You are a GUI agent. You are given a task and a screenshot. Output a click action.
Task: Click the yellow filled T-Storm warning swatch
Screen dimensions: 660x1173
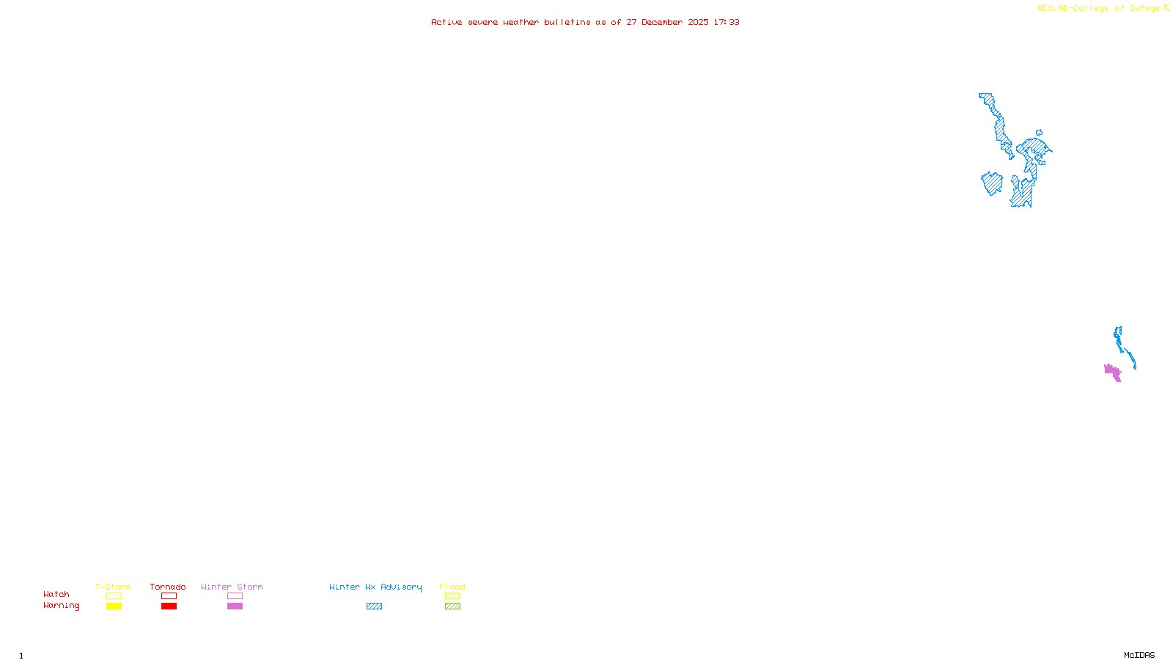[x=114, y=606]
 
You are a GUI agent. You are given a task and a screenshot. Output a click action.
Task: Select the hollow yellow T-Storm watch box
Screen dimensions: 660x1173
[x=114, y=596]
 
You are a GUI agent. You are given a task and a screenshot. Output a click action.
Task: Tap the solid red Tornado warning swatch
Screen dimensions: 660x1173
[x=169, y=606]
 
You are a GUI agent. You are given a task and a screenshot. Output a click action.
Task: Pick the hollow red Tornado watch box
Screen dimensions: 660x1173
[x=169, y=596]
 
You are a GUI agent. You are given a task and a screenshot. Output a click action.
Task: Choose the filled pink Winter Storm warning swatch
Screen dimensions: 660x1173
[x=235, y=606]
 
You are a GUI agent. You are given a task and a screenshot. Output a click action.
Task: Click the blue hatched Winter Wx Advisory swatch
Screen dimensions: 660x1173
[x=374, y=606]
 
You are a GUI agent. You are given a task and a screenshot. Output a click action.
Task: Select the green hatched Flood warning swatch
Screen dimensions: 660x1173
[x=452, y=606]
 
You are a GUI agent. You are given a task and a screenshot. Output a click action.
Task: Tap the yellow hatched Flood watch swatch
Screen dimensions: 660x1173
[x=452, y=596]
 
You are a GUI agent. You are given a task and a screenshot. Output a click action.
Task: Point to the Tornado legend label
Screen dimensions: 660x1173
[x=168, y=587]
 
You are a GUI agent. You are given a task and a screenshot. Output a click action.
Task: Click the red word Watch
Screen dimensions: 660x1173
[x=56, y=595]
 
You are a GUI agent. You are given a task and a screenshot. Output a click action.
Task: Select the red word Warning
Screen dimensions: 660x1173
[x=62, y=606]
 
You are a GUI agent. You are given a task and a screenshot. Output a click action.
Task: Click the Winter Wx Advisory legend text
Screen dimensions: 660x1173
[x=375, y=587]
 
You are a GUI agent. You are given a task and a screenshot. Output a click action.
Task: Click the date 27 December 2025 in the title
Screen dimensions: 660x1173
[x=667, y=22]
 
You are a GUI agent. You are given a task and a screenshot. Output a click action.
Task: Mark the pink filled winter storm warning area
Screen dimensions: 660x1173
[x=1112, y=372]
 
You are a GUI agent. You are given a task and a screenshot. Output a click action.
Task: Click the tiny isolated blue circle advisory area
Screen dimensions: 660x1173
[x=1039, y=133]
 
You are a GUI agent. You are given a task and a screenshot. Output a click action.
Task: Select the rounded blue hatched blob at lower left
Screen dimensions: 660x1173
[x=992, y=183]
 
